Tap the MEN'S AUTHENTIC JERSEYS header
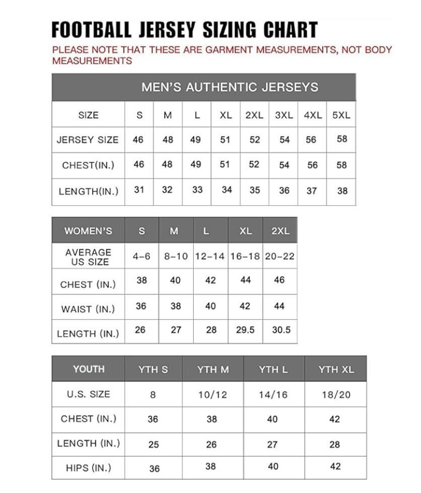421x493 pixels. [229, 87]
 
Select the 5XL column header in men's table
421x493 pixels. [341, 115]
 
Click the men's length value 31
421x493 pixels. [139, 190]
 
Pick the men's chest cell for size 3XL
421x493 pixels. [284, 165]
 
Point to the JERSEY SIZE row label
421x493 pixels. [88, 140]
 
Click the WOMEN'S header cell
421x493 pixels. [88, 231]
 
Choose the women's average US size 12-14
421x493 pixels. [210, 256]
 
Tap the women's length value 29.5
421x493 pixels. [246, 330]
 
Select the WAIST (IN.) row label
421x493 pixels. [88, 309]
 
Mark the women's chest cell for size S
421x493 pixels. [142, 280]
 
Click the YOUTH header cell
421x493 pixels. [88, 369]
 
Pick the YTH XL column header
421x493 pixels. [336, 369]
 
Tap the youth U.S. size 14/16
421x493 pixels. [273, 395]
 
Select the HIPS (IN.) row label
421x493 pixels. [88, 468]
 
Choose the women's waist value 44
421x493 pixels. [279, 306]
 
